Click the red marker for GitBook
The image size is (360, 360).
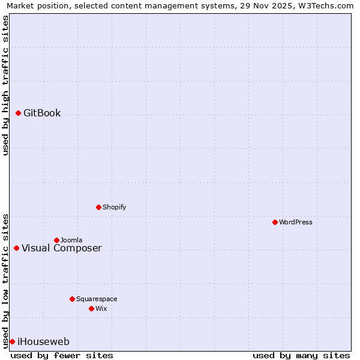[18, 113]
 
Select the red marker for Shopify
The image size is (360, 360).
[98, 207]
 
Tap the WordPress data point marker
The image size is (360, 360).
[275, 222]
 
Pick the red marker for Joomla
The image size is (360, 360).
[56, 240]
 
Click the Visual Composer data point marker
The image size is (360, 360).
[16, 248]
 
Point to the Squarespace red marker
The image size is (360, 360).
[72, 299]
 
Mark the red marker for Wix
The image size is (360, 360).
[91, 308]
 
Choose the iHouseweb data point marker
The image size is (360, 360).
[12, 341]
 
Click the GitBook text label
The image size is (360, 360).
[42, 113]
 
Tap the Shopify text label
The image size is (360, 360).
[114, 207]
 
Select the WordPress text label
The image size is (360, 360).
[295, 222]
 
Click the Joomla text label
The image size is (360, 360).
[71, 240]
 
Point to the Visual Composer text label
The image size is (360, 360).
[62, 248]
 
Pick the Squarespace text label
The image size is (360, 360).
[97, 299]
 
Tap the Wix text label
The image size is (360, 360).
[101, 308]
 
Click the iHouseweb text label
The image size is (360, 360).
[43, 341]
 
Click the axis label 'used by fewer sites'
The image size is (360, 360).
[62, 355]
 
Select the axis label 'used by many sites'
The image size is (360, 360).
[301, 355]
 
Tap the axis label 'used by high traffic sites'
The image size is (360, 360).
[5, 85]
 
